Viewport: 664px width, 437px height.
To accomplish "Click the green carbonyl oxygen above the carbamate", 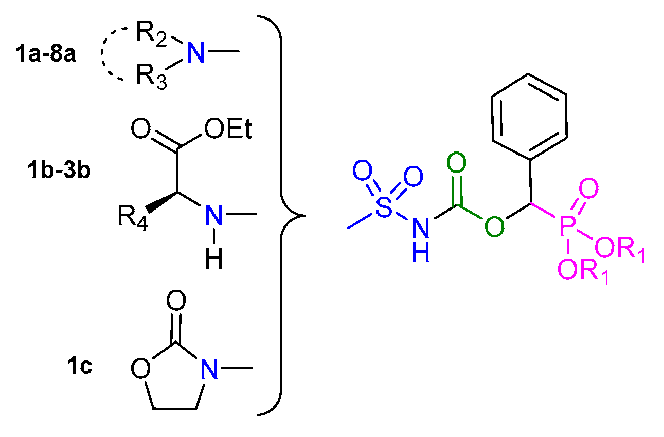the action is (456, 164).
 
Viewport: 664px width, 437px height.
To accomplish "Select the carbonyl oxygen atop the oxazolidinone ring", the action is (176, 300).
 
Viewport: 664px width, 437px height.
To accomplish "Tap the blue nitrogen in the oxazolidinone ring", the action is (208, 369).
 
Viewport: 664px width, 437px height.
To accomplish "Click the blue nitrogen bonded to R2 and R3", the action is (196, 53).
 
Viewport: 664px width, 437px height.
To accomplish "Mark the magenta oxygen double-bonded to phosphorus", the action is (589, 189).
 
